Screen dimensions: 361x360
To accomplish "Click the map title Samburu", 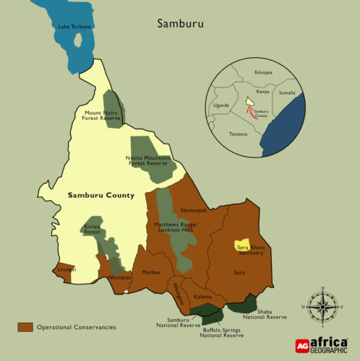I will point(181,23).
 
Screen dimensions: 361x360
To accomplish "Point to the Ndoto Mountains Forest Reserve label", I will point(149,161).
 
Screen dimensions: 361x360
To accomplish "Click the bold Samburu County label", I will point(101,196).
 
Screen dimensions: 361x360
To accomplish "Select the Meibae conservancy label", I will point(150,272).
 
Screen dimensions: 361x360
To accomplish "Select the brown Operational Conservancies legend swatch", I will point(25,327).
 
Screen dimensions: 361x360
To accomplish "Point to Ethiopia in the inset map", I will point(265,73).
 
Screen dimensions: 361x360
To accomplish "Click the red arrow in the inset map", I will point(250,110).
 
